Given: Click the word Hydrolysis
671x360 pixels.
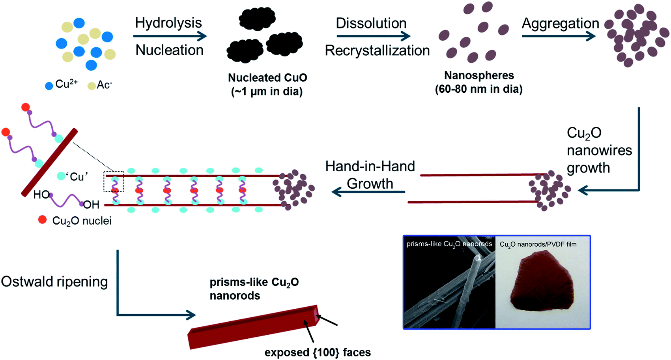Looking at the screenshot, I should (168, 23).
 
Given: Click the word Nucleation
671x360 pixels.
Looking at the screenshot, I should (169, 50).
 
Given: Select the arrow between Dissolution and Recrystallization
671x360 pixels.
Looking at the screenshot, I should (373, 36).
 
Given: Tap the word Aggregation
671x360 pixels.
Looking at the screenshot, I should (560, 24).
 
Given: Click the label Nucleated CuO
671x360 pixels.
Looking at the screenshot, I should (267, 78).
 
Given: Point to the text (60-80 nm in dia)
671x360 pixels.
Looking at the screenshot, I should (478, 89).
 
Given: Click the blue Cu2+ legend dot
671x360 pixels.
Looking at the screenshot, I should (49, 86).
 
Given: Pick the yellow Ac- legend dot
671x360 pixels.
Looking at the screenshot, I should (92, 86).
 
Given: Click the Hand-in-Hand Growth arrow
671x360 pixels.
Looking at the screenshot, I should (368, 192).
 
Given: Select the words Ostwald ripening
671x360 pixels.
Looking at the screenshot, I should (54, 282).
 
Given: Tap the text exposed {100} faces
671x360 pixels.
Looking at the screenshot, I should (318, 352).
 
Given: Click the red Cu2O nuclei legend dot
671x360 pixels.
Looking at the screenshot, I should (42, 220).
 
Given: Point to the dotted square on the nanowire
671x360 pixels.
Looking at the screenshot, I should (114, 182).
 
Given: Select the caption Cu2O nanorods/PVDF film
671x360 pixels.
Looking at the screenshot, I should (538, 244).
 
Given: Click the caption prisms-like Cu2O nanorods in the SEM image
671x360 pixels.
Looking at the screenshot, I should (449, 244).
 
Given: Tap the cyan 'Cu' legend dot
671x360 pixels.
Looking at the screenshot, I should (61, 176).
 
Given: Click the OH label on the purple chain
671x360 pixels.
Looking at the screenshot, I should (91, 204).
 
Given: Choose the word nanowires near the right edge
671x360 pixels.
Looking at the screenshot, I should (599, 150).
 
